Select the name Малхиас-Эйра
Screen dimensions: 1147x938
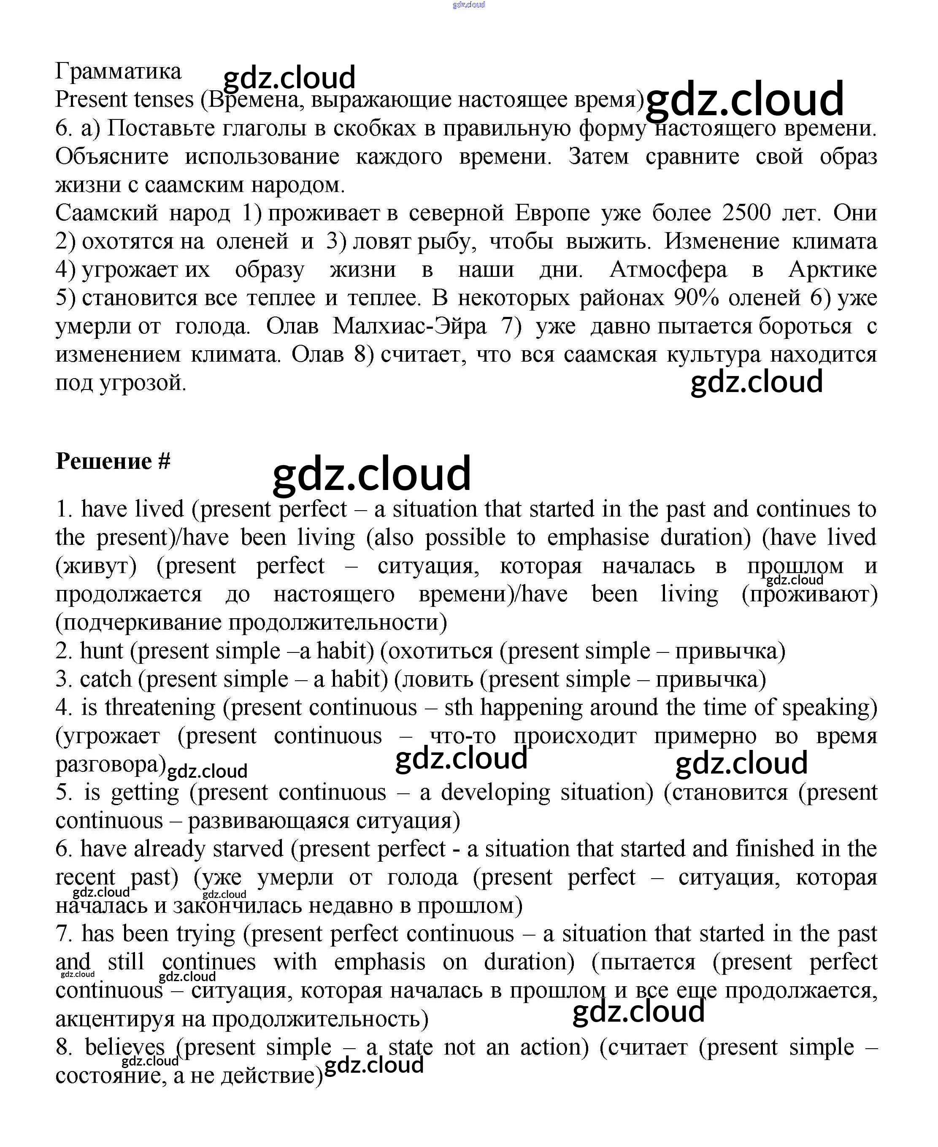tap(409, 326)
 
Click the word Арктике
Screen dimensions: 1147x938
tap(833, 270)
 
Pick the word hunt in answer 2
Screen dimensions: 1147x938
tap(102, 650)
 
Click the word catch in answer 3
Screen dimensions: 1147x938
tap(105, 679)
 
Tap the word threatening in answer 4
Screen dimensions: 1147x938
tap(160, 707)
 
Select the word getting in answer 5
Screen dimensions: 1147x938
tap(145, 793)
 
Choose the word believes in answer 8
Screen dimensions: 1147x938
tap(125, 1047)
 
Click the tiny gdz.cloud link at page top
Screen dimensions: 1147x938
tap(468, 4)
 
